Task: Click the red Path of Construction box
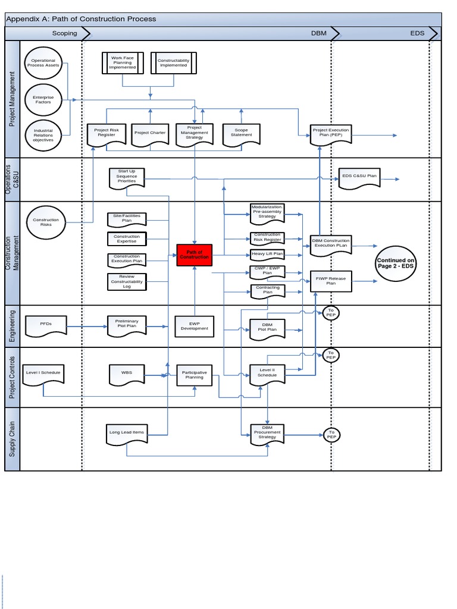195,255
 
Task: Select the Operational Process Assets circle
43,62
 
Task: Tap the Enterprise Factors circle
43,99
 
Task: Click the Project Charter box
150,133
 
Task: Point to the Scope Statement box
241,133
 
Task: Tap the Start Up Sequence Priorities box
127,177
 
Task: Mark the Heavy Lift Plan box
267,255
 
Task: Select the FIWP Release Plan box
331,281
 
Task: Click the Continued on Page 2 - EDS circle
396,263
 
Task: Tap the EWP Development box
195,327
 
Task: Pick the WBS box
127,373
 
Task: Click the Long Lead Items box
127,433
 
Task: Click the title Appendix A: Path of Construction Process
81,19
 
